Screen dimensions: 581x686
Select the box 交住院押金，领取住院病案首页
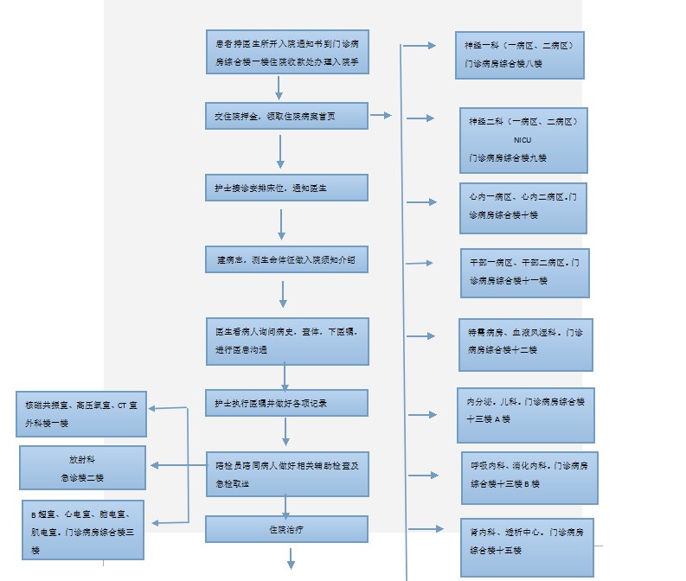[x=286, y=116]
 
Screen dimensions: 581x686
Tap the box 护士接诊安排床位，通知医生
[x=286, y=188]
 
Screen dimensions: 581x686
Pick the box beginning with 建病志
[x=286, y=259]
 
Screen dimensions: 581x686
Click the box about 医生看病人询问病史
[x=286, y=339]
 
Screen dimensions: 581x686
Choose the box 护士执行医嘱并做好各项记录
[x=286, y=403]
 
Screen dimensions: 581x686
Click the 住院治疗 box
[x=286, y=528]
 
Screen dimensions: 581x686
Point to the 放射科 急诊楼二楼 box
[x=82, y=468]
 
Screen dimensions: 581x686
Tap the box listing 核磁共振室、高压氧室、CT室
[x=82, y=413]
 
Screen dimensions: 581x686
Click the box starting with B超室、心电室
[x=82, y=529]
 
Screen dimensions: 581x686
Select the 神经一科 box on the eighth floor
[x=519, y=54]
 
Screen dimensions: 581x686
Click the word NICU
[x=523, y=139]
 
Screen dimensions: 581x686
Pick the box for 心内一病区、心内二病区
[x=523, y=207]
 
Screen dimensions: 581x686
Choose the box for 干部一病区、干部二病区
[x=524, y=272]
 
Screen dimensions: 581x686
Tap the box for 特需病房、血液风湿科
[x=525, y=343]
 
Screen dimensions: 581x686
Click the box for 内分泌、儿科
[x=525, y=415]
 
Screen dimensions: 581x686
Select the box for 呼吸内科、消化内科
[x=529, y=477]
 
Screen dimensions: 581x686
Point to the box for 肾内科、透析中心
[x=527, y=546]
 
